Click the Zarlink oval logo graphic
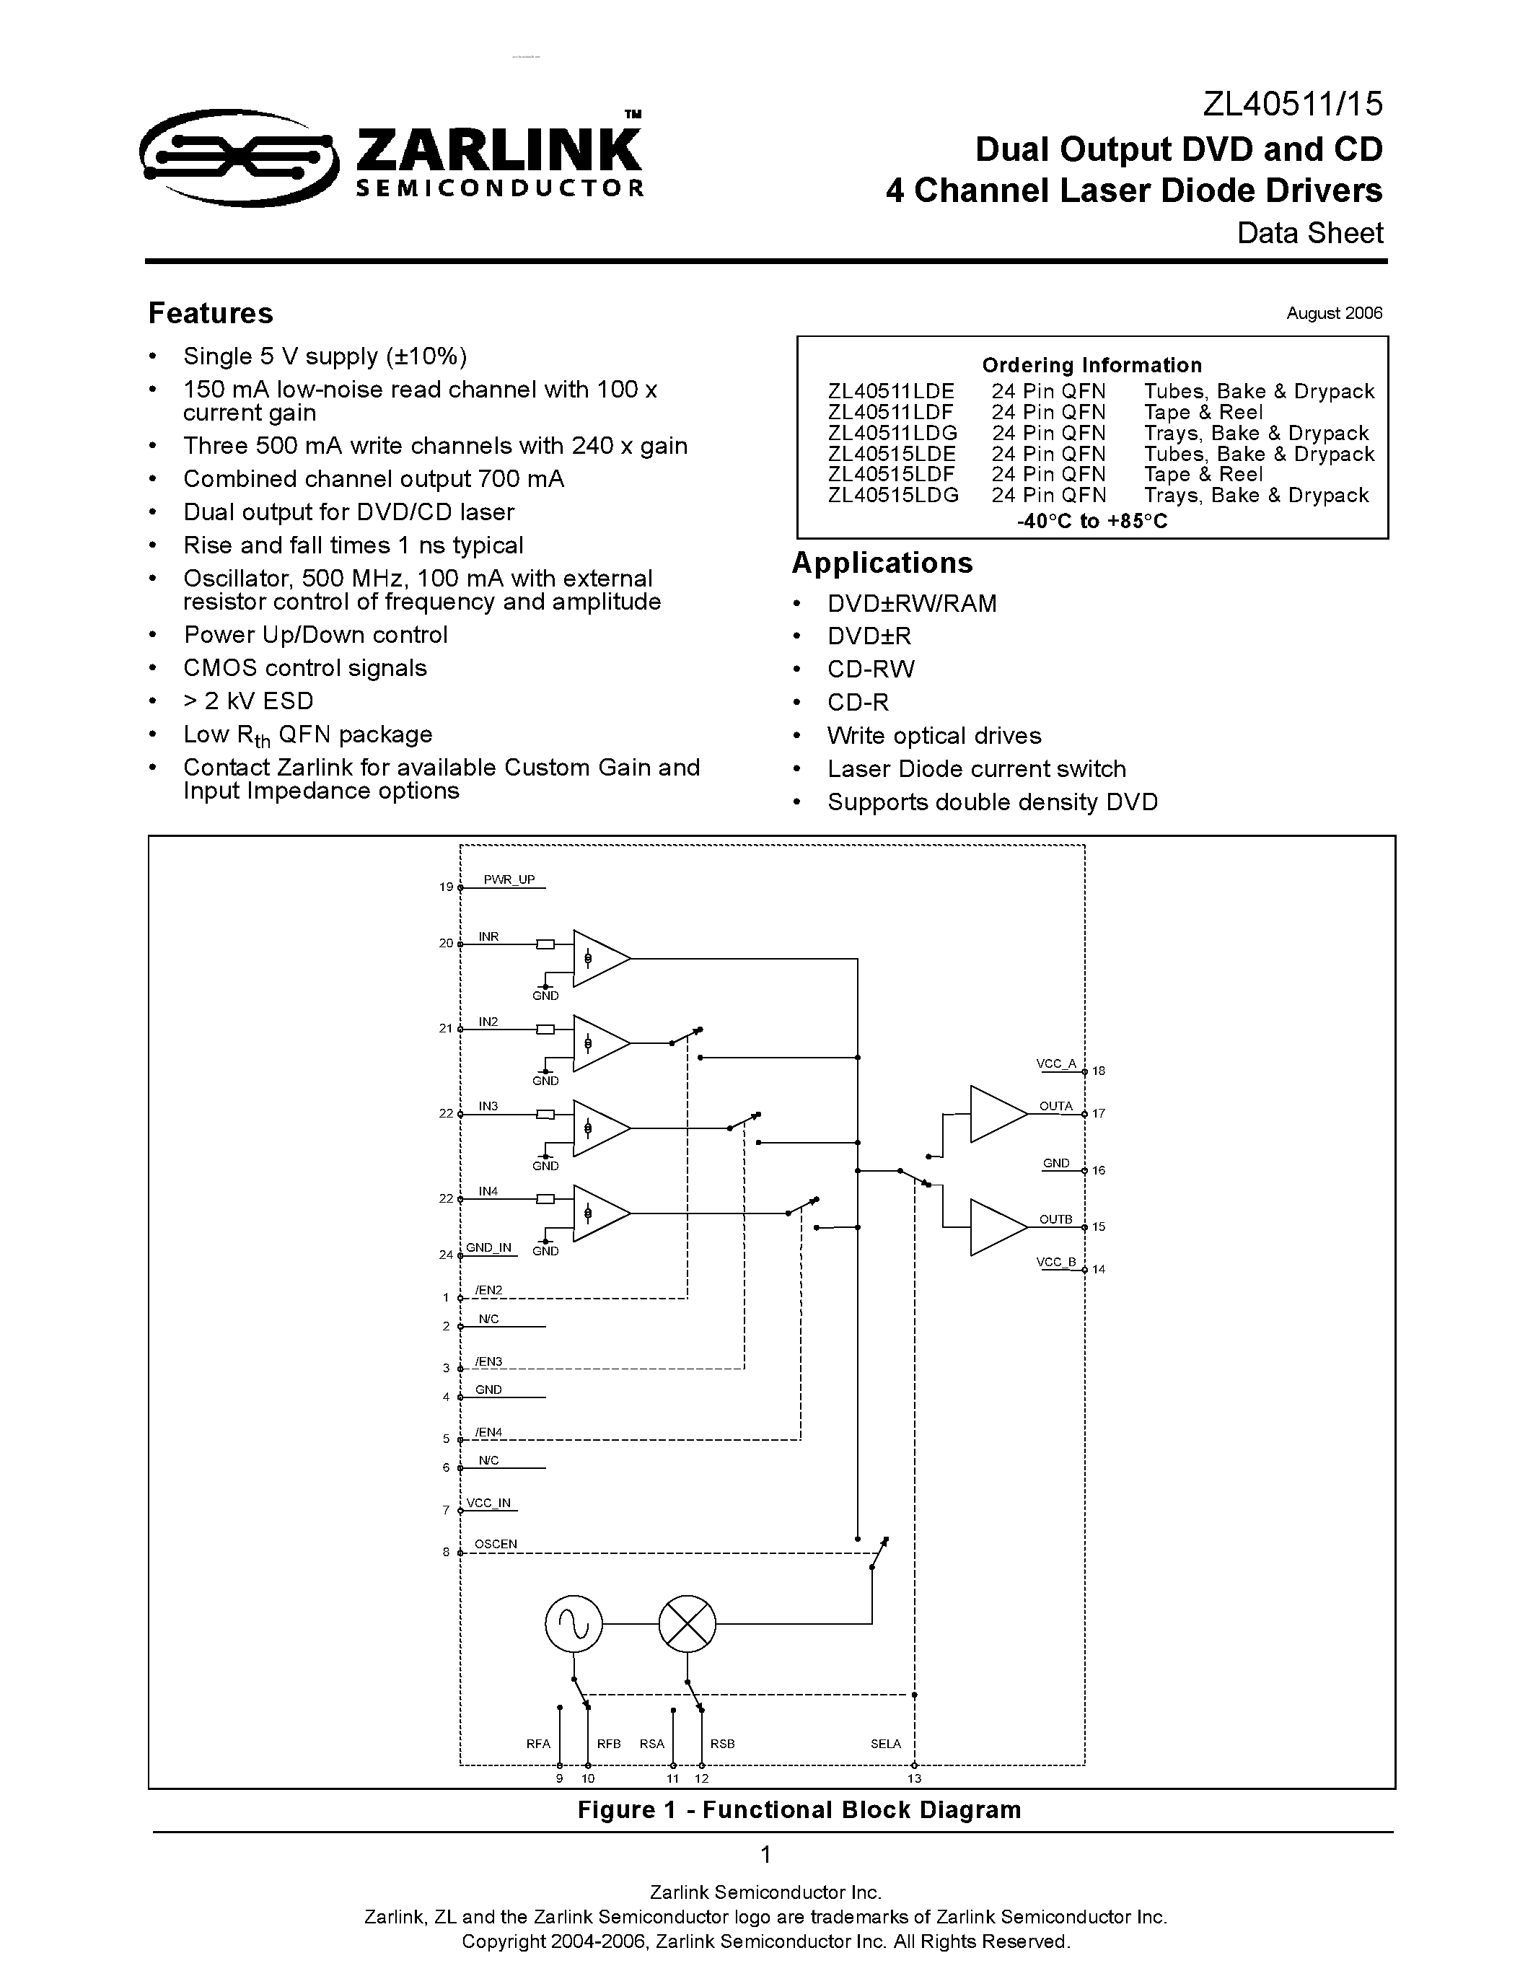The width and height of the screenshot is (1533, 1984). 238,158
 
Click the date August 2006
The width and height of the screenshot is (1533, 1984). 1333,313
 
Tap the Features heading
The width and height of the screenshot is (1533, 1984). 211,313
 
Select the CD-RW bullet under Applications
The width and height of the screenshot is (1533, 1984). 870,670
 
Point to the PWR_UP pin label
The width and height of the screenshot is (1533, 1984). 509,879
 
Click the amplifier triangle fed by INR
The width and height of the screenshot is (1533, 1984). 597,958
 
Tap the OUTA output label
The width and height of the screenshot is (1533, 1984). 1055,1107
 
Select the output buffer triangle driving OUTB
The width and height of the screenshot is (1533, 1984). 996,1227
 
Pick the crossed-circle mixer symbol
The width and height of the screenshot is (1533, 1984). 687,1623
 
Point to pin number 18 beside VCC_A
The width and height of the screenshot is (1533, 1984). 1098,1071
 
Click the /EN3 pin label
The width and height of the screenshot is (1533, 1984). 488,1361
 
